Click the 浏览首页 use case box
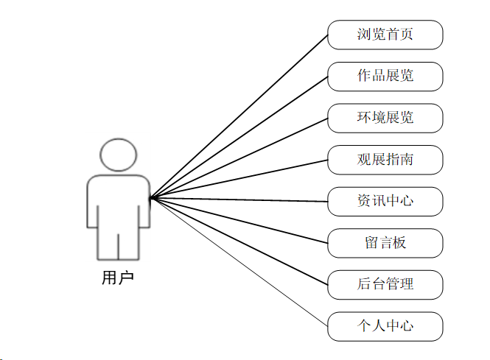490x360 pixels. point(385,35)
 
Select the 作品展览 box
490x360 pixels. point(385,77)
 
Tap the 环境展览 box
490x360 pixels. point(385,118)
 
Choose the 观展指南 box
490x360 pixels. point(385,160)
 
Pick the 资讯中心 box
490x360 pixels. point(385,201)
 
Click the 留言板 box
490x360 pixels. point(385,243)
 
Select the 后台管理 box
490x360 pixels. point(385,284)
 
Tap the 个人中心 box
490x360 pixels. point(385,326)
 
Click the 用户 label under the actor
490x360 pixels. point(118,278)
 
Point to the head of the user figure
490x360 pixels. point(118,155)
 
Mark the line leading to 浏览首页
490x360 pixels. point(239,116)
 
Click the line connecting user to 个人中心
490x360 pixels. point(239,262)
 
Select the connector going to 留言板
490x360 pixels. point(239,221)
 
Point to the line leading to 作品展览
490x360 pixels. point(239,138)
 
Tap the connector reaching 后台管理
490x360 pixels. point(239,241)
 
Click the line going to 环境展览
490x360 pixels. point(239,158)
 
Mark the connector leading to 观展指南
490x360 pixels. point(239,179)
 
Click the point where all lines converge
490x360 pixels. point(150,198)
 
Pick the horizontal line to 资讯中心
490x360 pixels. point(239,200)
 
